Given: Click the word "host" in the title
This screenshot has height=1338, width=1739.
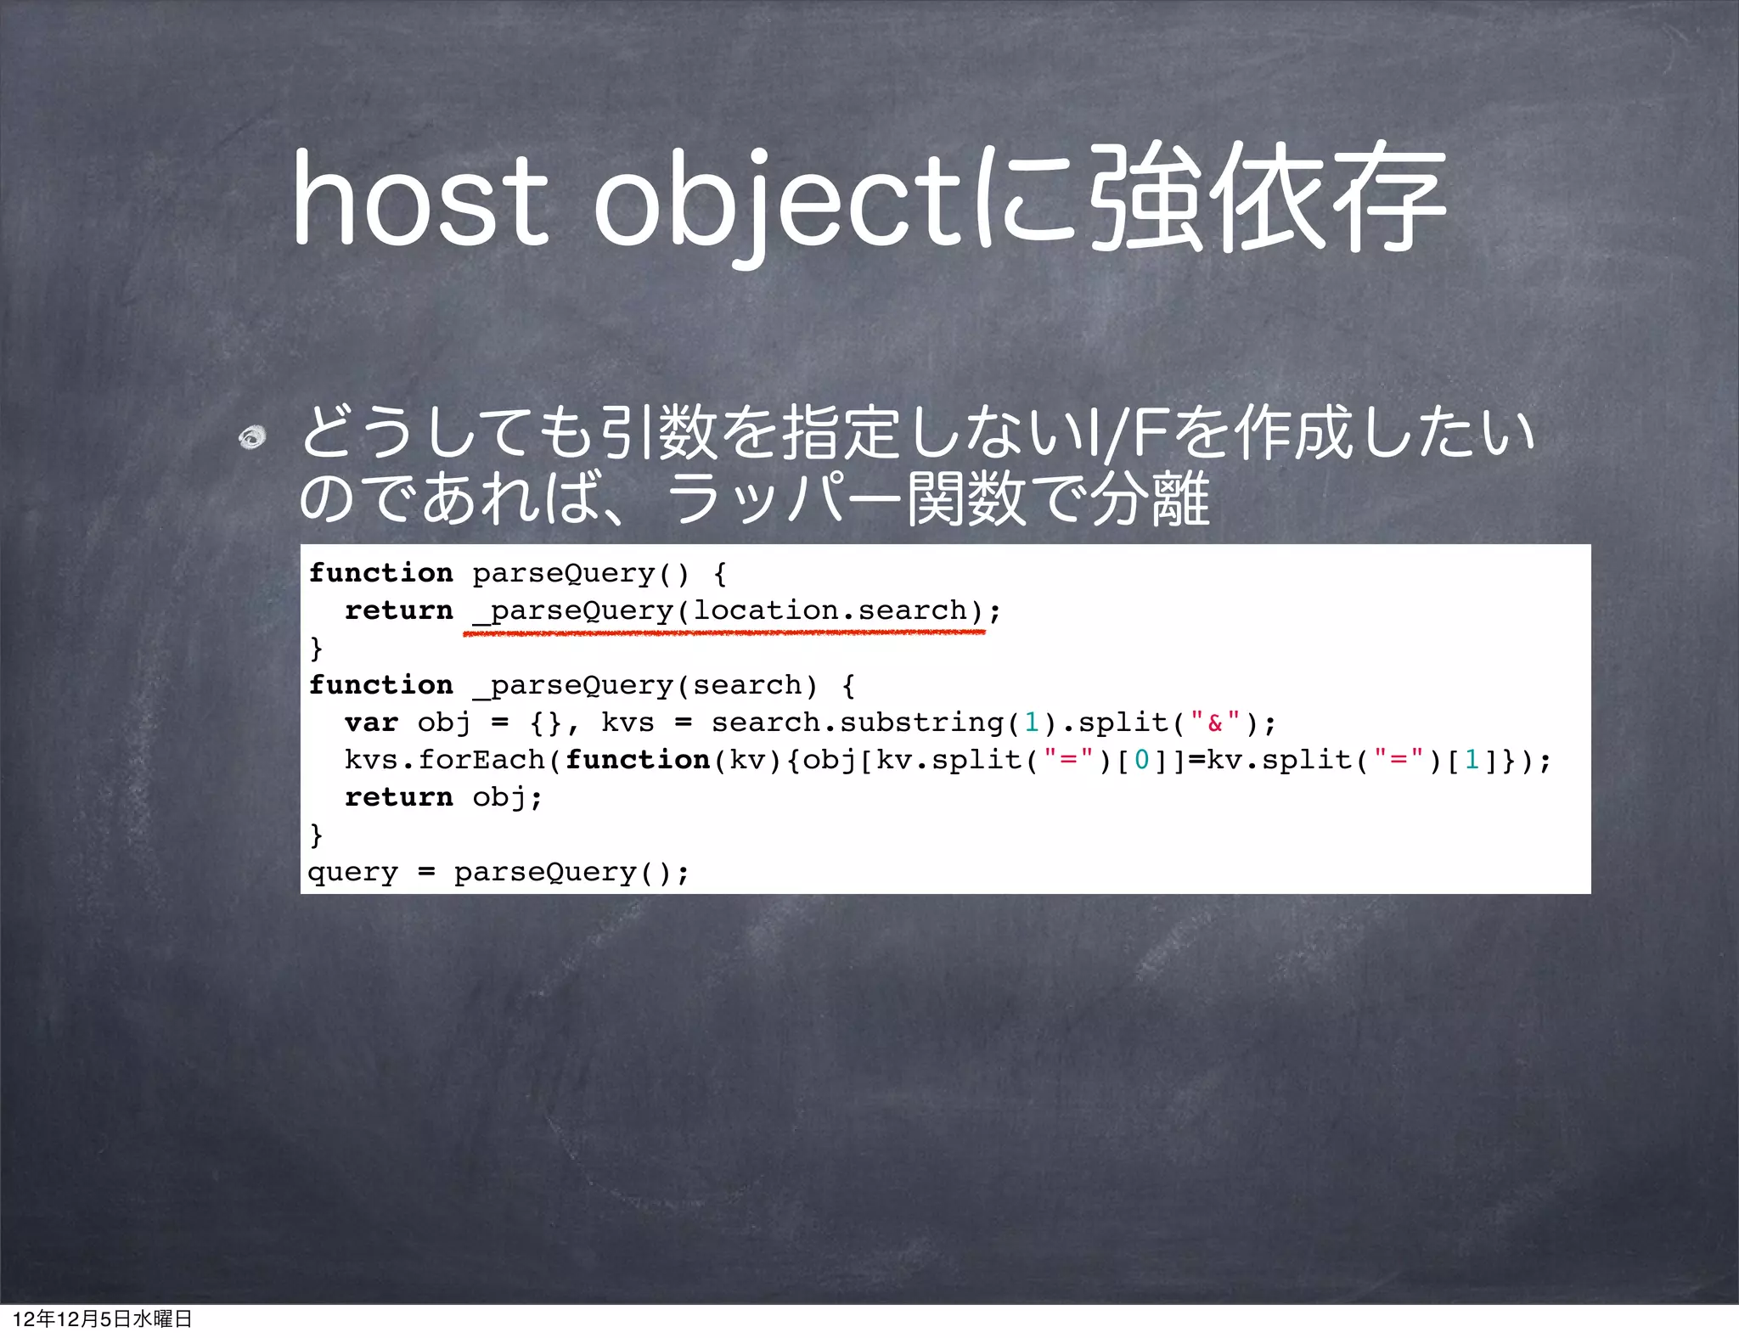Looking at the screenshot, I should click(420, 200).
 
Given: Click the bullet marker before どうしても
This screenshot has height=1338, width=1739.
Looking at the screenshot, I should click(252, 437).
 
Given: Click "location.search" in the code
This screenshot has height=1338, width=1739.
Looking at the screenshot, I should click(830, 610).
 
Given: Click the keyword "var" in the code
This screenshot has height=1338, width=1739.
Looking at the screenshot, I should click(371, 722).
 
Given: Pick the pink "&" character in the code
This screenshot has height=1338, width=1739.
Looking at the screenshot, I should click(1214, 723).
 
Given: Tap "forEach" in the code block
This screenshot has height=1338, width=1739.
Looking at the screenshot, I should click(481, 760).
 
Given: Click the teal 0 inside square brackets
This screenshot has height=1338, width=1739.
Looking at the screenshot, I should click(1141, 760).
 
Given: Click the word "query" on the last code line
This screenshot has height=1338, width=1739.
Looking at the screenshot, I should click(352, 872).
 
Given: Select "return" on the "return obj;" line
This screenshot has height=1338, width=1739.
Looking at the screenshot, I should click(398, 797).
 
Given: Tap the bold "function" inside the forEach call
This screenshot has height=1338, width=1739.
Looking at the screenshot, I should click(637, 760).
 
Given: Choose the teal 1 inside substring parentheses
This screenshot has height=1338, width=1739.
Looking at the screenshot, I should click(1032, 722).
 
